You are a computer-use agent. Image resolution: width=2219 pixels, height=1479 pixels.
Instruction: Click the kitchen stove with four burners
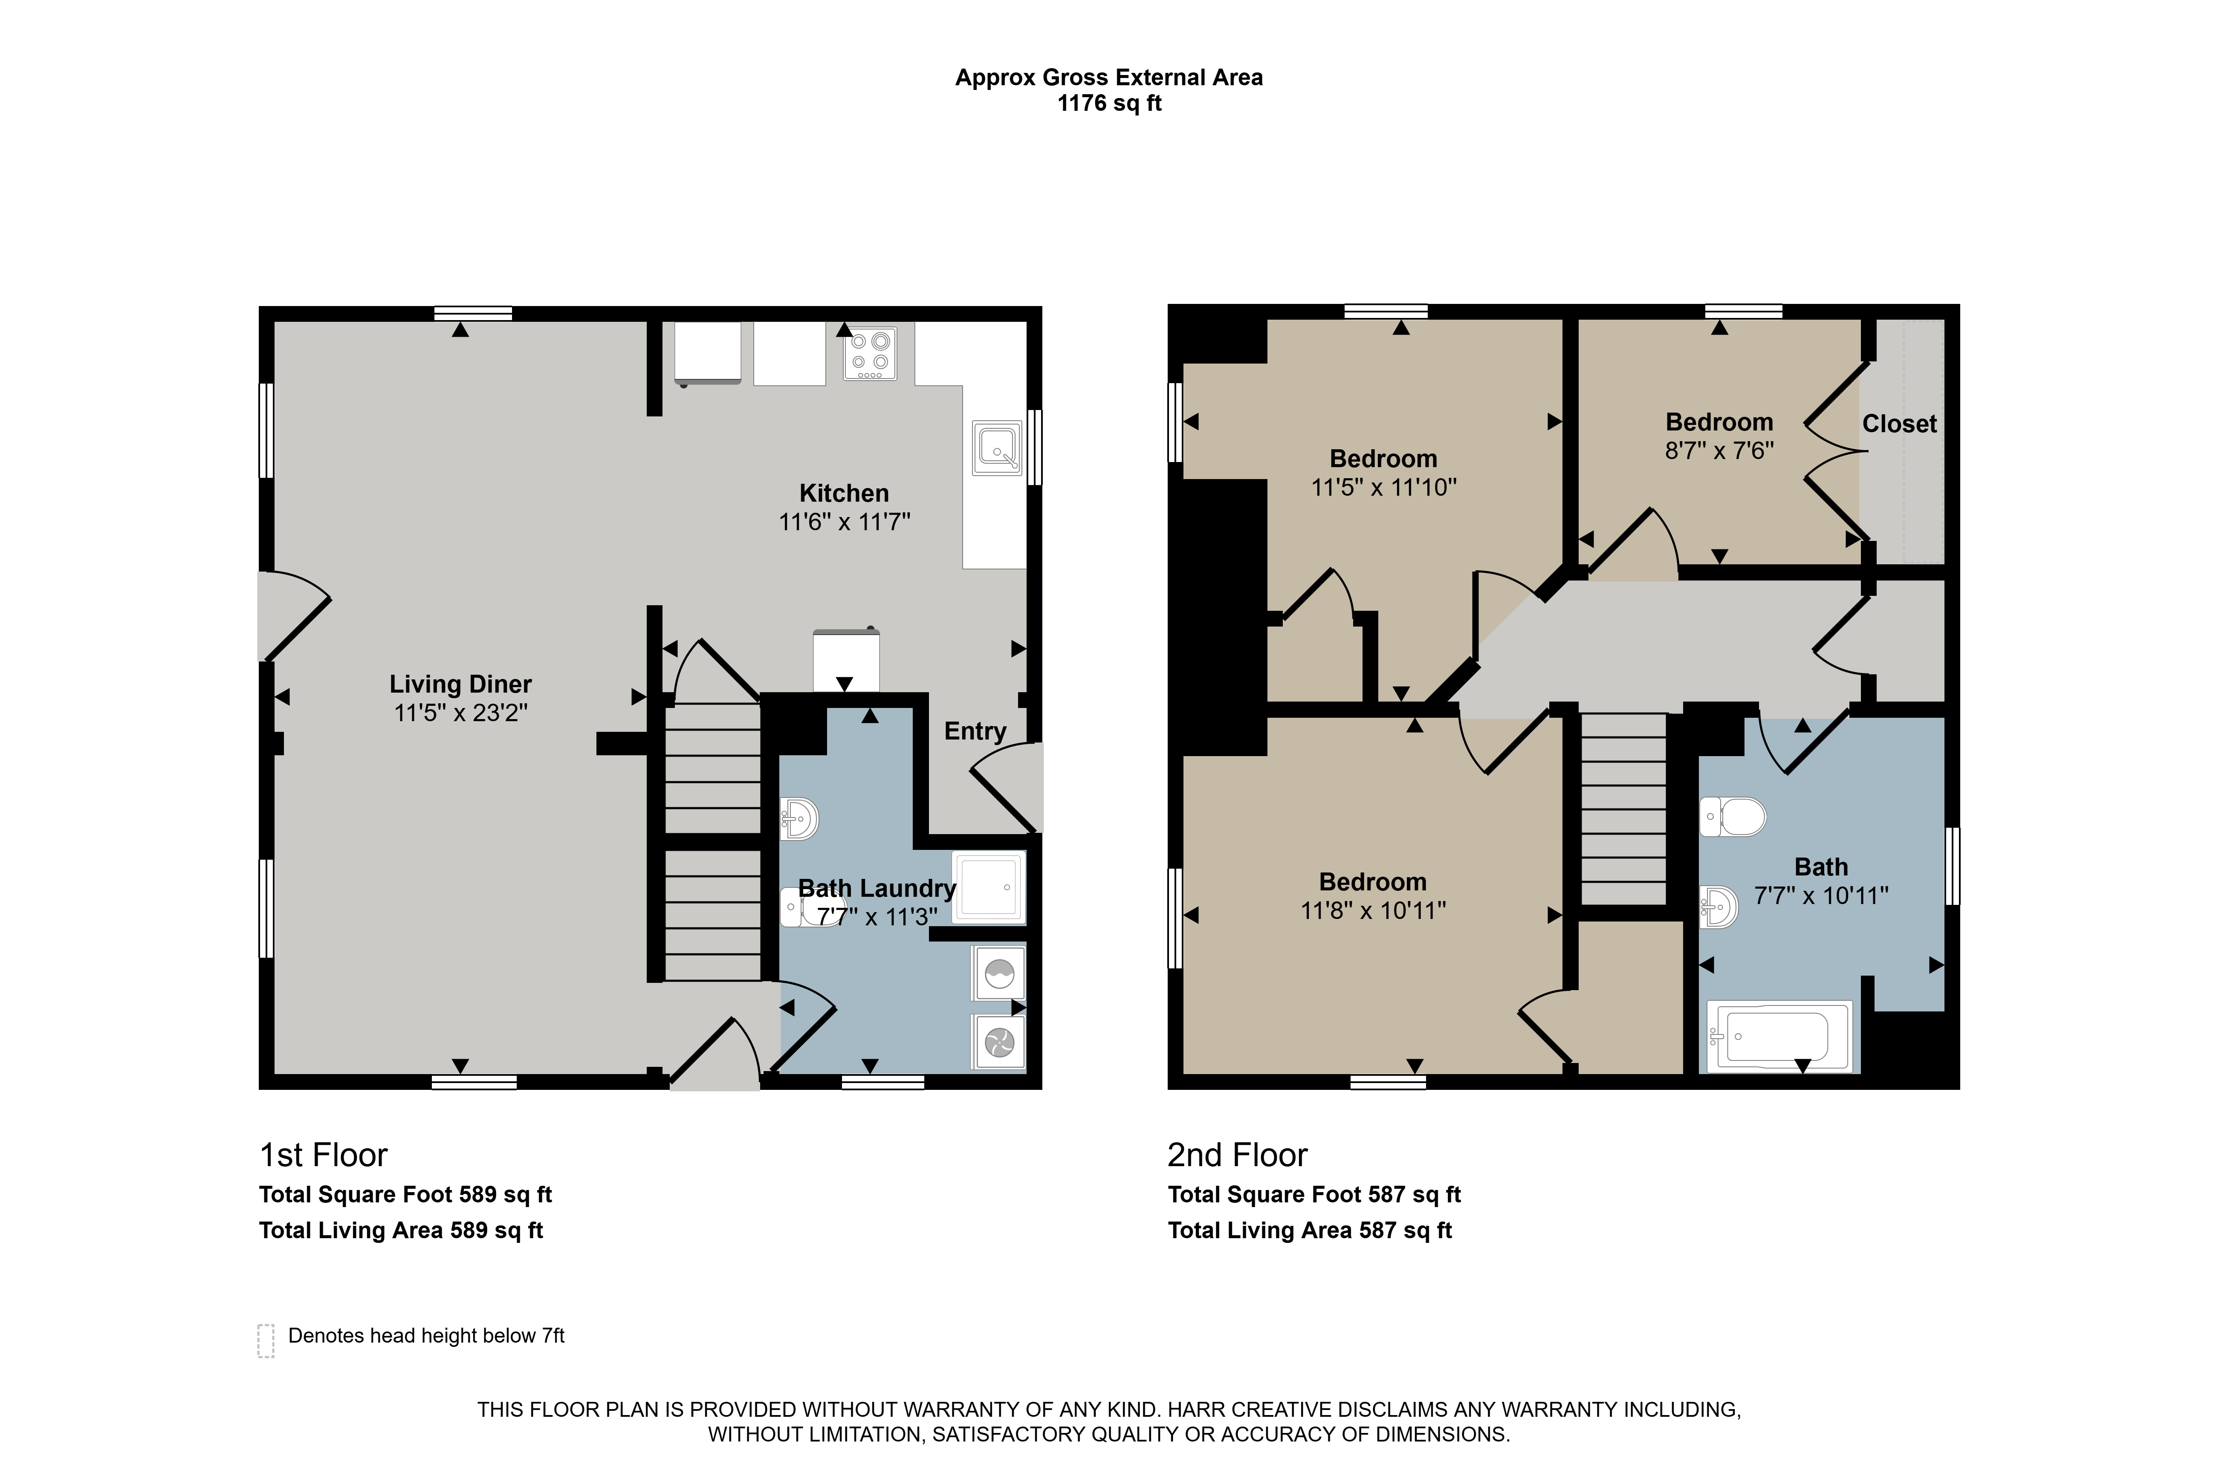pos(870,353)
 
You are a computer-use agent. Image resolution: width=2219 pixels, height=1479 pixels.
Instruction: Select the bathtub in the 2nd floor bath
pos(1779,1037)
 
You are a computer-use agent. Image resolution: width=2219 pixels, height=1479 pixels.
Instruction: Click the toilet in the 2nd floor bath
pos(1733,817)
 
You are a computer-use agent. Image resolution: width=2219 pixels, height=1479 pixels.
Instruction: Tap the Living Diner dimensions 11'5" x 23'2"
pos(460,713)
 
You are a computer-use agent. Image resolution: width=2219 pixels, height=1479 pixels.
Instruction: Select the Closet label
pos(1899,425)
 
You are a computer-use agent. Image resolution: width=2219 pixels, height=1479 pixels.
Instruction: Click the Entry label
pos(975,732)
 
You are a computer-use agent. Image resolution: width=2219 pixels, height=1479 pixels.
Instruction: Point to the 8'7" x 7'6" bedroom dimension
pos(1719,451)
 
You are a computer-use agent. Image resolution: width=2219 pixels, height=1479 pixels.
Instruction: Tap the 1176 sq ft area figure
pos(1109,104)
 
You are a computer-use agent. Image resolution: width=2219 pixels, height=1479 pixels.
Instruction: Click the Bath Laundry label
pos(877,889)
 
